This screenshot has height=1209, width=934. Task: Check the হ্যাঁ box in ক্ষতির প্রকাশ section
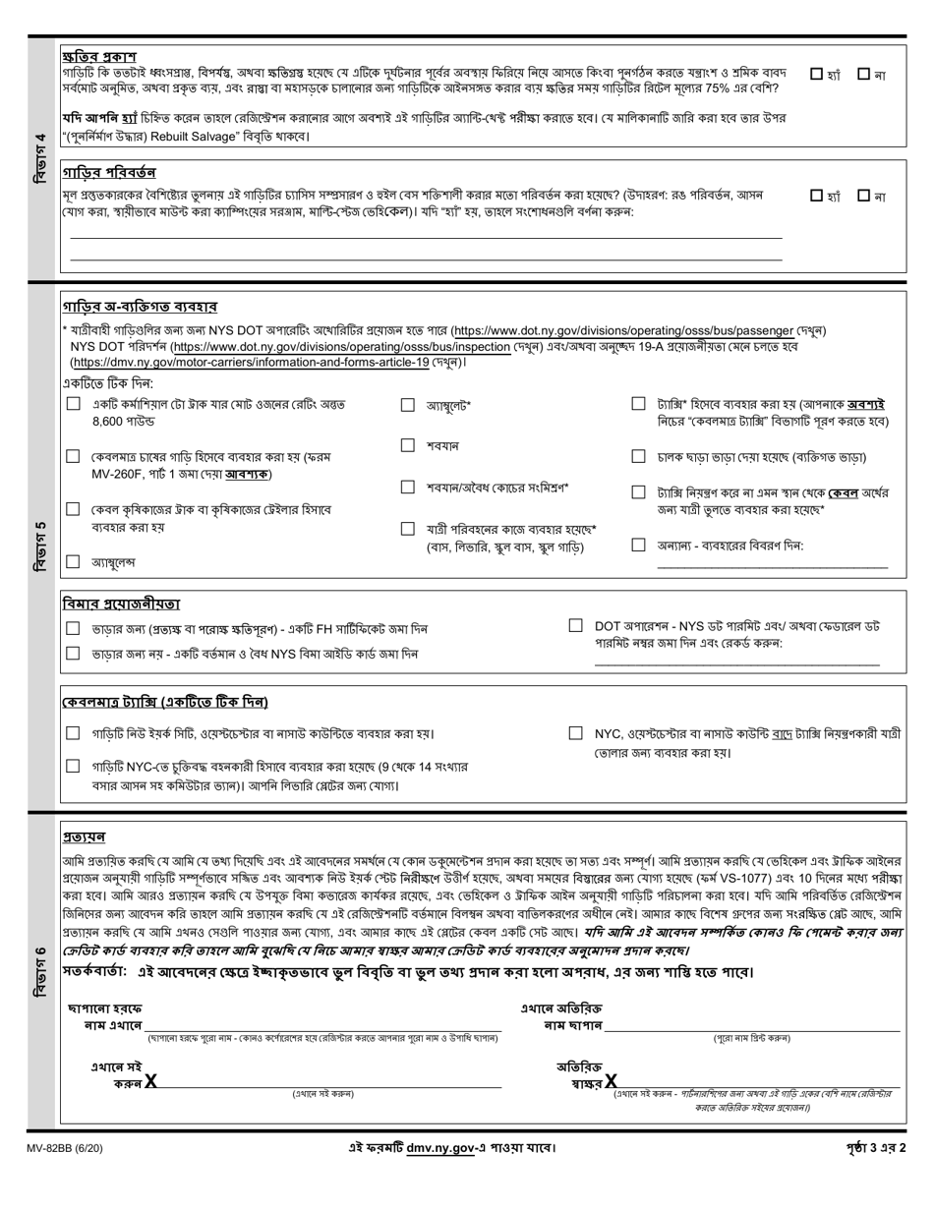coord(817,74)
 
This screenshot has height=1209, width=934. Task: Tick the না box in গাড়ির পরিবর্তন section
coord(863,196)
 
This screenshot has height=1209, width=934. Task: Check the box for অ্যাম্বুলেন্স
coord(73,562)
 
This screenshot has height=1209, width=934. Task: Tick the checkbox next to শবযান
coord(407,445)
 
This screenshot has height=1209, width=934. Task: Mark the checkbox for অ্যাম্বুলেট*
coord(407,404)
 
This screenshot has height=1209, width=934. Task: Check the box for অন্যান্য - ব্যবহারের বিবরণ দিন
coord(638,545)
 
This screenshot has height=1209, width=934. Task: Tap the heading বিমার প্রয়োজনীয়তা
coord(121,603)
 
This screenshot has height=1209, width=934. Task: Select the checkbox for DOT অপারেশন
coord(575,625)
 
